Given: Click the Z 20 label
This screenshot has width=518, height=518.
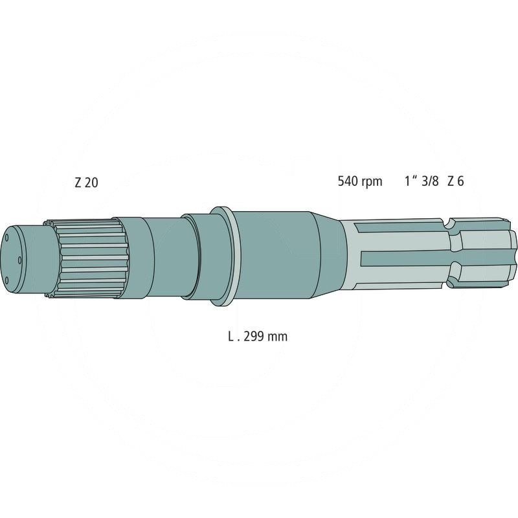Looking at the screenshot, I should point(86,183).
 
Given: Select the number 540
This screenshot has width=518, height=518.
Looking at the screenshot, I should point(348,181).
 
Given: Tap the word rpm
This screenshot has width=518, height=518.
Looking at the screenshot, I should point(372,182).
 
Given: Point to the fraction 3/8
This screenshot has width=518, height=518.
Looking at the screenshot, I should point(430,181).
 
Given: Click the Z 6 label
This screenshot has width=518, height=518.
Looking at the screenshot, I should point(456,181).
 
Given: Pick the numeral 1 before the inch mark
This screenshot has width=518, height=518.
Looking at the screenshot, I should point(407,181).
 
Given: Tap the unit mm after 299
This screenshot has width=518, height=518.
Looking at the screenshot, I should point(279,337).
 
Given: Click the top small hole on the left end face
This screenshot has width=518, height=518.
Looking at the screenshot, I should point(7,238).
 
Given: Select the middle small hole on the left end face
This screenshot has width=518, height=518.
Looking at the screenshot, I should point(20,260).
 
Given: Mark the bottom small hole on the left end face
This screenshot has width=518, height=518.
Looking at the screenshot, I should point(7,280).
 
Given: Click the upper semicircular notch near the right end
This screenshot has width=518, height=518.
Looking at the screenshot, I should point(447,225).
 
